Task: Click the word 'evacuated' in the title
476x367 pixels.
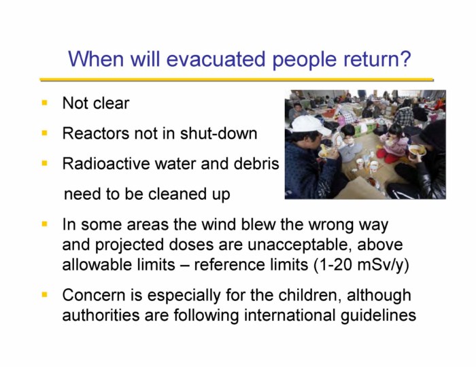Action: pyautogui.click(x=216, y=58)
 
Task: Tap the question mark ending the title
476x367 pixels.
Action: pyautogui.click(x=405, y=58)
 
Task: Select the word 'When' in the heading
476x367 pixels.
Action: pyautogui.click(x=96, y=58)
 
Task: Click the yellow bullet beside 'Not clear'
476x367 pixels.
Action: pyautogui.click(x=45, y=103)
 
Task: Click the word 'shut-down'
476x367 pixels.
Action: pyautogui.click(x=218, y=133)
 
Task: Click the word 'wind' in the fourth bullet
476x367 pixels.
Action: pyautogui.click(x=218, y=225)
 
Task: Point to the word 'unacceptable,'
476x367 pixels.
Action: pyautogui.click(x=301, y=245)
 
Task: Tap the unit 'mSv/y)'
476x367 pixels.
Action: pyautogui.click(x=384, y=265)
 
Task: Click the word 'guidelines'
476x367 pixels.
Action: pyautogui.click(x=378, y=315)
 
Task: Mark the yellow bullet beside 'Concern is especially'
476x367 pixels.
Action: pyautogui.click(x=45, y=294)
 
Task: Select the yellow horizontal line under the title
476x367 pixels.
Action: pyautogui.click(x=237, y=80)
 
